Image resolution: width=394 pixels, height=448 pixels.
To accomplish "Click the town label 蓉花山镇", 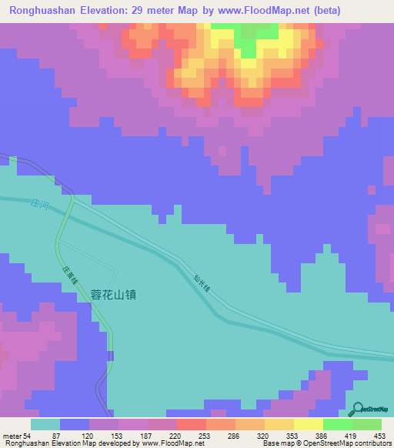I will click(114, 293).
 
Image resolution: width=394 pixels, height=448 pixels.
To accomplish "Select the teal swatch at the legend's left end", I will click(45, 424).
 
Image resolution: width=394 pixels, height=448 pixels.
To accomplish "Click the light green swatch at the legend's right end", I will click(366, 424).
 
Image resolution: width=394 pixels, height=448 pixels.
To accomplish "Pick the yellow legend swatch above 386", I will click(308, 424).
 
